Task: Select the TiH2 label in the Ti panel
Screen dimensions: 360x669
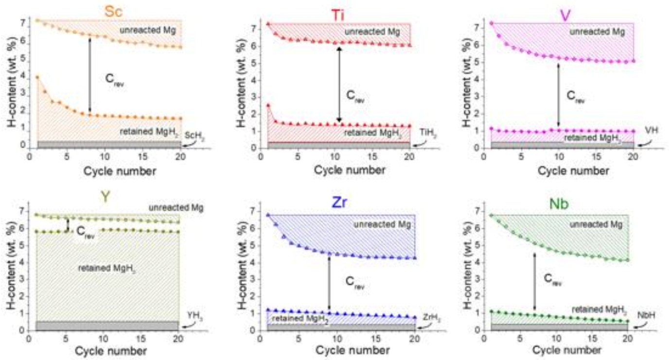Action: [425, 137]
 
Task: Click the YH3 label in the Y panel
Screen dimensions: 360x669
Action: [194, 314]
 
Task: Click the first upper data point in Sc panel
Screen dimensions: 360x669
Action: [37, 20]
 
